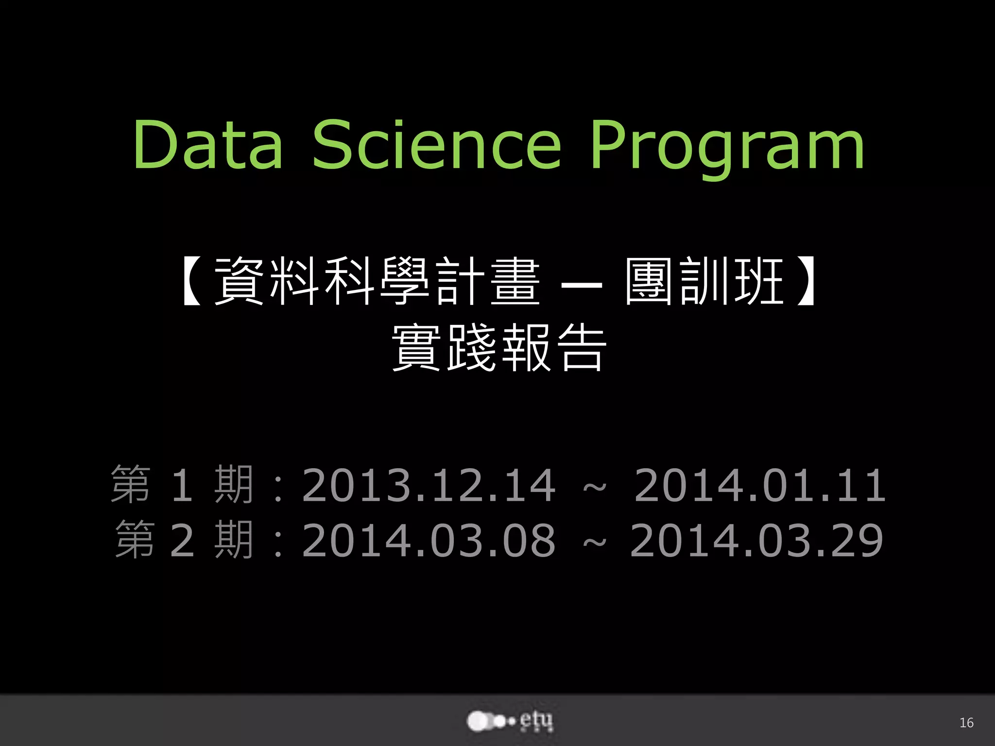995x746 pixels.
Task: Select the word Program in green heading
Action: [x=727, y=148]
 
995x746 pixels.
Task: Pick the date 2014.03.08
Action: [x=429, y=540]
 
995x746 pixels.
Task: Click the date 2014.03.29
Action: [x=756, y=540]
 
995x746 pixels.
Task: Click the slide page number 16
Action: [x=966, y=723]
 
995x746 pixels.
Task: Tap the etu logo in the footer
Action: [x=510, y=721]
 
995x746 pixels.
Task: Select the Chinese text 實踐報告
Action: [x=499, y=348]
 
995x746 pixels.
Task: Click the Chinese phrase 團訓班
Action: [x=704, y=282]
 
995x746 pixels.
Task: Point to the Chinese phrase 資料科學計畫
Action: [x=377, y=282]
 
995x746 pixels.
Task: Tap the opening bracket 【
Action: [x=193, y=282]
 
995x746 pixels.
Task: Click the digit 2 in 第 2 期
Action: [x=182, y=540]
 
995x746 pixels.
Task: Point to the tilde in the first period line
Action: [x=594, y=486]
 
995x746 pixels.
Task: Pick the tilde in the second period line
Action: [x=594, y=541]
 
